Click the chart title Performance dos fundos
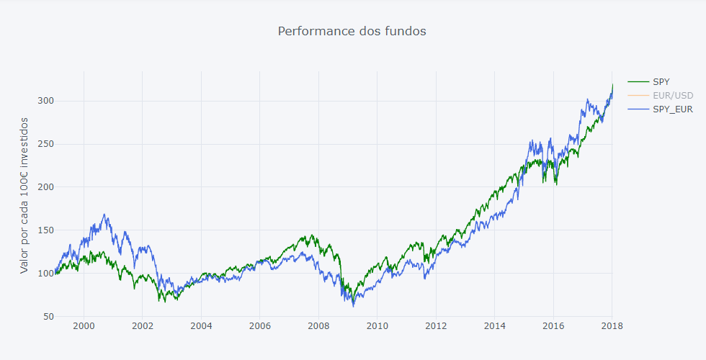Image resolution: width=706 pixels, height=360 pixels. [x=352, y=31]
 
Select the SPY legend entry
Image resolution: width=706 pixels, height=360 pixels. [x=661, y=82]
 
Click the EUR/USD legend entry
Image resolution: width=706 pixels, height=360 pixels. [x=672, y=96]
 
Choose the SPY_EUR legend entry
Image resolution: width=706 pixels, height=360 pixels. [x=672, y=109]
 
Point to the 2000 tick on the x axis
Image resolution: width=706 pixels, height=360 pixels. [x=84, y=326]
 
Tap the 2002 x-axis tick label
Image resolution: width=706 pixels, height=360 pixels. [x=142, y=326]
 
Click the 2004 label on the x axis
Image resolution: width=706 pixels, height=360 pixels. [x=201, y=326]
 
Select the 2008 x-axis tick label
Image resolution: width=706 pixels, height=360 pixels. [x=318, y=326]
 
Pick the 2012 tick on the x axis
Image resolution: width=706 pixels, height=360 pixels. [x=436, y=326]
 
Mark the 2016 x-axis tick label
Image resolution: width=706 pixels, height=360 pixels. [x=553, y=326]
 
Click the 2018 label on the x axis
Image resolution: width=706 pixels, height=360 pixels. [x=612, y=326]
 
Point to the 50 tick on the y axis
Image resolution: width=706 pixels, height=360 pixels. [x=48, y=317]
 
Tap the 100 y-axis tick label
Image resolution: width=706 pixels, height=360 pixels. [x=46, y=274]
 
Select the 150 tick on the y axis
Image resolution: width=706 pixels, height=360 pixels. [x=46, y=230]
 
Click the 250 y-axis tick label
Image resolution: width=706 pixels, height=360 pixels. [x=46, y=144]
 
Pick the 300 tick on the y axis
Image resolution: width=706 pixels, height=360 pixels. [x=46, y=101]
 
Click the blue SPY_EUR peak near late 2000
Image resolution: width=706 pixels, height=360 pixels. [x=104, y=215]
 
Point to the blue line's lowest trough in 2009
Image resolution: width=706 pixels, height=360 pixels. [x=353, y=306]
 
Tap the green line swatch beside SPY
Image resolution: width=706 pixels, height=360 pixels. [x=638, y=82]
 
